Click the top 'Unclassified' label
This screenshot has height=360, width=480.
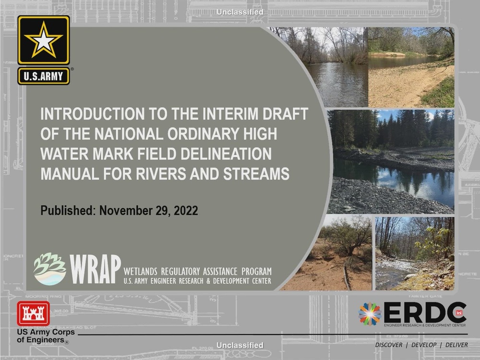click(x=240, y=12)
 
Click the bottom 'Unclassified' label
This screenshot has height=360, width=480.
click(x=240, y=345)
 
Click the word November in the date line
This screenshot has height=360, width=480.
click(x=128, y=211)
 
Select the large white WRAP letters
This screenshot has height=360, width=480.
click(x=95, y=270)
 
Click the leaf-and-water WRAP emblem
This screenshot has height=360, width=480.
click(x=50, y=269)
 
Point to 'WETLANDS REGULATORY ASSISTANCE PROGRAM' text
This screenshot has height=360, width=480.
click(x=197, y=271)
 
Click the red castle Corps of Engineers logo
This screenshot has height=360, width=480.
click(x=33, y=314)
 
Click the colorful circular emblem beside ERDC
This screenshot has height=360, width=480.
click(x=370, y=314)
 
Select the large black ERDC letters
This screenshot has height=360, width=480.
click(x=425, y=313)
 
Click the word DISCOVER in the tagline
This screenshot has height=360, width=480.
click(x=388, y=345)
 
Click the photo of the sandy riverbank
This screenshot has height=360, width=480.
click(x=411, y=67)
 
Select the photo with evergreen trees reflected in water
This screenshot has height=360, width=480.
click(x=391, y=161)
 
